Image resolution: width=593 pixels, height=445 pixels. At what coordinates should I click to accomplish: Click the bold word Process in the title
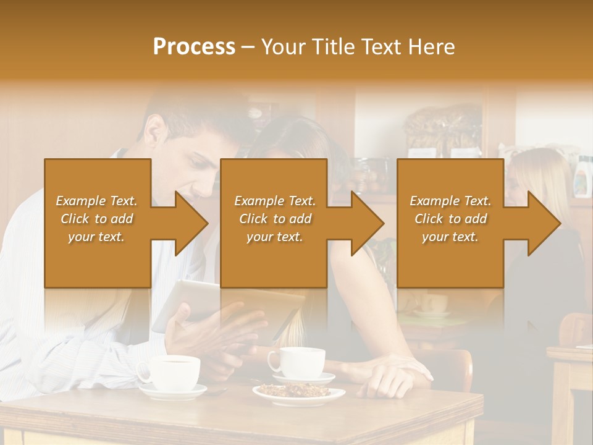coord(194,47)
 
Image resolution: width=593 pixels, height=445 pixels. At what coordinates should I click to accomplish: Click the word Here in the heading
coord(432,47)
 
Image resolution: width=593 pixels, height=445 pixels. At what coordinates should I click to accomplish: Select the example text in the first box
coord(96,219)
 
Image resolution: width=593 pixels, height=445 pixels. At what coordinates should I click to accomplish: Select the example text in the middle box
coord(275,219)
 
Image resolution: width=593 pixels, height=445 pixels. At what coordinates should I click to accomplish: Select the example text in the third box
coord(450,219)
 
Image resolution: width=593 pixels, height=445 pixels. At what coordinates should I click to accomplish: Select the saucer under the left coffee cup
coord(173,391)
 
